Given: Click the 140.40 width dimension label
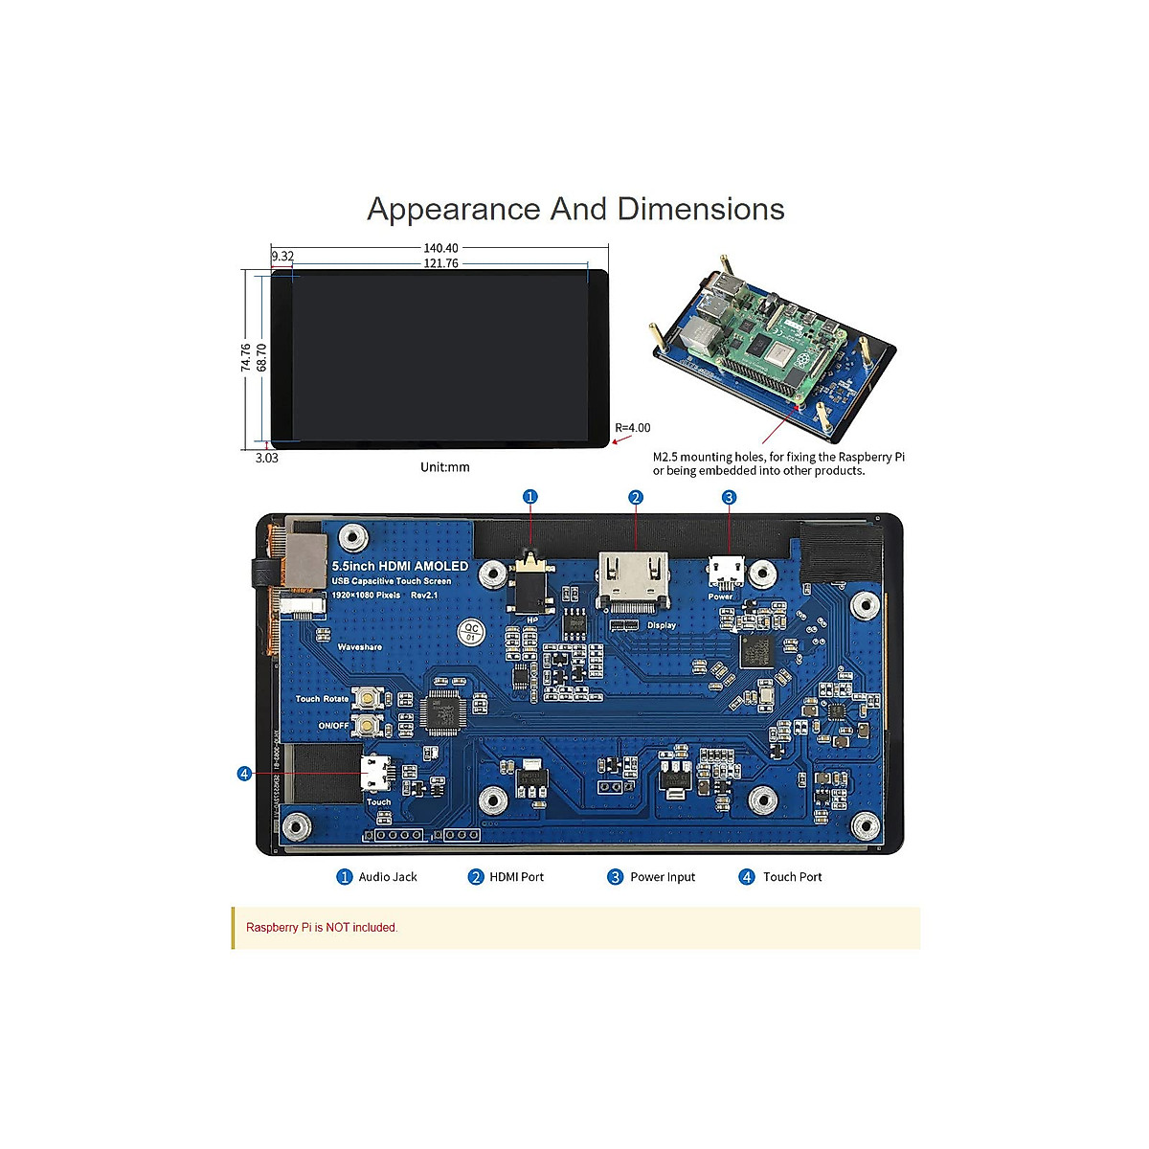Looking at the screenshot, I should tap(440, 248).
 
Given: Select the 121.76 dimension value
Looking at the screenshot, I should tap(440, 263).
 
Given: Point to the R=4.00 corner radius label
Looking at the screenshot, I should tap(633, 428).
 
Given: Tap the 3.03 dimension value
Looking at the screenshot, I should tap(267, 458).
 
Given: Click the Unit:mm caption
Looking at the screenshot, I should tap(445, 467).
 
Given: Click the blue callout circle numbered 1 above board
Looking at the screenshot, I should tap(530, 496).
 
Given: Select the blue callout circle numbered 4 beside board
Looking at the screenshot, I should tap(244, 773).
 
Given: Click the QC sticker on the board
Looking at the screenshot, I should tap(470, 632).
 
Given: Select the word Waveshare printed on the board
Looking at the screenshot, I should tap(359, 647).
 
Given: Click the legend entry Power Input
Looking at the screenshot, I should tap(663, 877).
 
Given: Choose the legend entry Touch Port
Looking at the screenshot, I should tap(792, 877).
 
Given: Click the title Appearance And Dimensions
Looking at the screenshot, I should tap(575, 209).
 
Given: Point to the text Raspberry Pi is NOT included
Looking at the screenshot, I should tap(322, 927).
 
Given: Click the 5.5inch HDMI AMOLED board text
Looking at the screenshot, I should tap(400, 566).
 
